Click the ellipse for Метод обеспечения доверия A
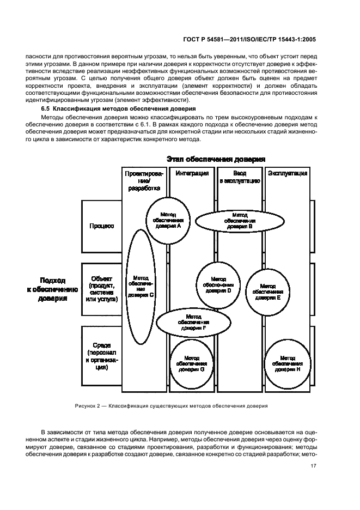tap(168, 218)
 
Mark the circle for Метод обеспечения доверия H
tap(288, 362)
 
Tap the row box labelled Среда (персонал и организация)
tap(101, 356)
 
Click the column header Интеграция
tap(192, 173)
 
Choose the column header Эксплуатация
tap(288, 173)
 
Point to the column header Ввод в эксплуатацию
tap(240, 177)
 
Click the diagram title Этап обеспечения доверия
tap(216, 159)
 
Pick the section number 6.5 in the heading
tap(39, 109)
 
